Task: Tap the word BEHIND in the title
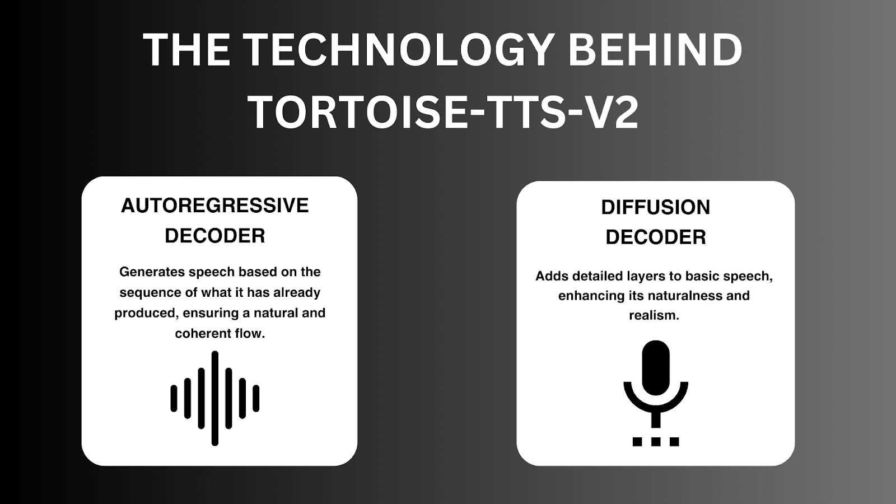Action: (x=655, y=51)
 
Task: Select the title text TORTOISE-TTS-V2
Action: (x=444, y=113)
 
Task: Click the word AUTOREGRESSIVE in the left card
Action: (x=215, y=206)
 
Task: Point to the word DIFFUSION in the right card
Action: (x=655, y=208)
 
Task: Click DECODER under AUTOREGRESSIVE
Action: (x=215, y=236)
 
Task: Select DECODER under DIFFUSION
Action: (x=655, y=237)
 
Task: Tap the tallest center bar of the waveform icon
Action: (x=215, y=398)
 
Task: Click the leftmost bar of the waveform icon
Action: (x=174, y=398)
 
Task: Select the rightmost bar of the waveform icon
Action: (x=256, y=398)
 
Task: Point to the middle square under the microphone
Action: (x=656, y=442)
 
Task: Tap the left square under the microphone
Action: (x=637, y=442)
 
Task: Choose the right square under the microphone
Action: (x=674, y=442)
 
